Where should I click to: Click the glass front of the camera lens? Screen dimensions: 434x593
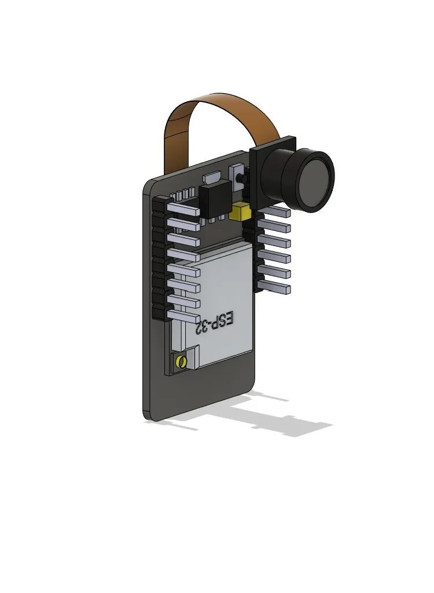(x=317, y=182)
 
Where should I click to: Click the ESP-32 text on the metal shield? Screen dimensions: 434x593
(x=215, y=322)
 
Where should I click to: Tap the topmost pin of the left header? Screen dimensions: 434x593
(x=183, y=208)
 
